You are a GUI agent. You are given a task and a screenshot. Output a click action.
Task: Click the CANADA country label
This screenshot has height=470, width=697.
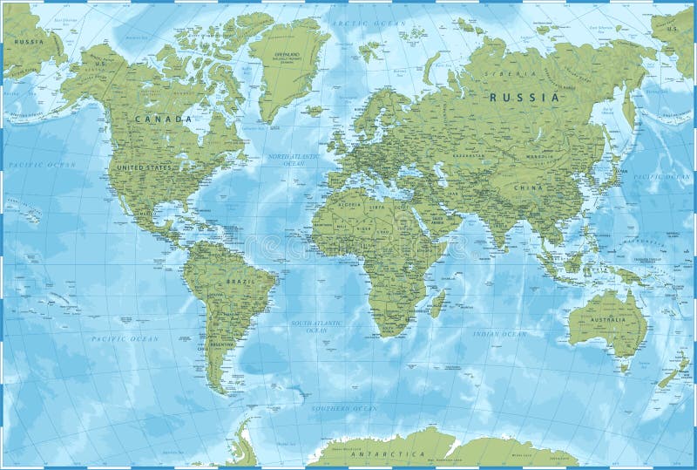coord(162,119)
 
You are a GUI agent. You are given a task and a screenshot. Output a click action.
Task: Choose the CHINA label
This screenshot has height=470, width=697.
coord(528,187)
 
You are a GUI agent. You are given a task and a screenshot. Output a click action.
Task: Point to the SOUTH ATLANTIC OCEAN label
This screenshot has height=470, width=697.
coord(309,327)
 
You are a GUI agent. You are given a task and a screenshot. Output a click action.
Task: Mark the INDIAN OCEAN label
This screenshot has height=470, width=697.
coord(500,334)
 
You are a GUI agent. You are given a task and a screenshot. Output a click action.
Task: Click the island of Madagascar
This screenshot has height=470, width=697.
coord(438,303)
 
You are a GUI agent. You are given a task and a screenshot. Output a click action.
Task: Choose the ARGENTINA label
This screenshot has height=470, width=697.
coord(220,346)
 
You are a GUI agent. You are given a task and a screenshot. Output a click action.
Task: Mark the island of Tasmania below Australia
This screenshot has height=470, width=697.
coord(623,367)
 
